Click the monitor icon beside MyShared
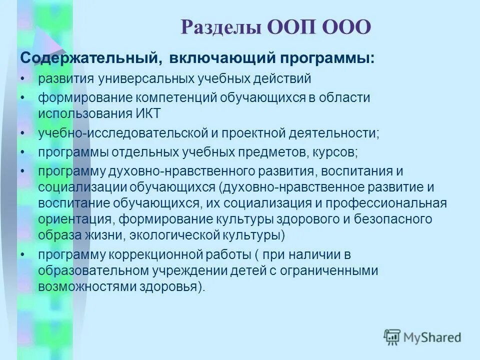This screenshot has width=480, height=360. pyautogui.click(x=392, y=337)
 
